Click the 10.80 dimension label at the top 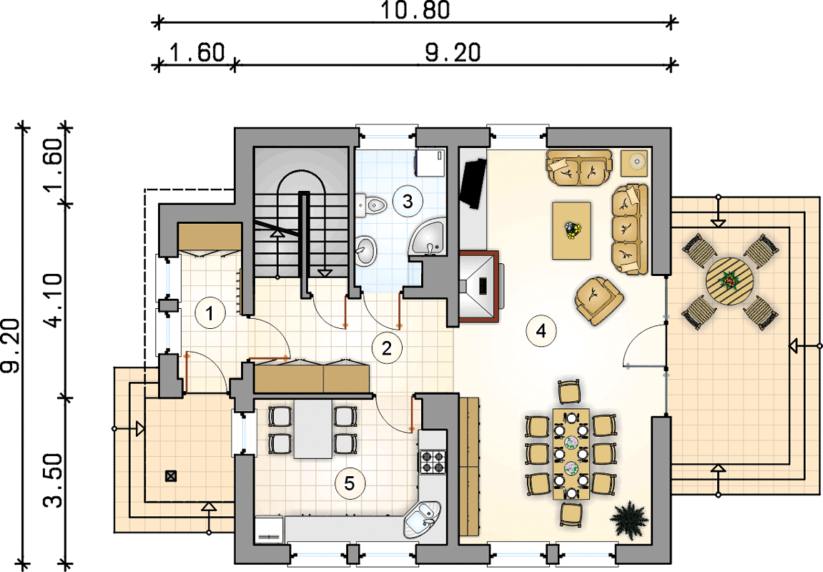[415, 11]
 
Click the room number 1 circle [210, 314]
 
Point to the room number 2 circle [387, 347]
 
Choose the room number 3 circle [408, 201]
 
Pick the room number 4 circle [541, 330]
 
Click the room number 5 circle [350, 483]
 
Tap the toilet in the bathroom [371, 204]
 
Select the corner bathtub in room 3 [428, 240]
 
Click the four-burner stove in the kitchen [432, 460]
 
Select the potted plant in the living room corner [629, 518]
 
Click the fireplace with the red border [479, 286]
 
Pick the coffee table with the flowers [571, 231]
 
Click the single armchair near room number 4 [599, 300]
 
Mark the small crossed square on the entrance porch [171, 476]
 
